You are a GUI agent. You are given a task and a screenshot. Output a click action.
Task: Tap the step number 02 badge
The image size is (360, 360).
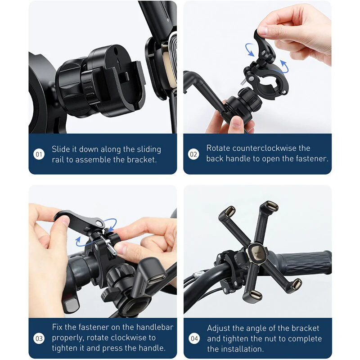(193, 154)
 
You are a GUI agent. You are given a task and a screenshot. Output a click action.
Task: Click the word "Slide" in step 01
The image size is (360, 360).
(61, 149)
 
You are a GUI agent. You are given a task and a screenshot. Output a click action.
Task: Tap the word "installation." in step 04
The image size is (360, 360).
(241, 349)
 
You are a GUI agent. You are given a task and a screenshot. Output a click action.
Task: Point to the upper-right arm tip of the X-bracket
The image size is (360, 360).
(271, 205)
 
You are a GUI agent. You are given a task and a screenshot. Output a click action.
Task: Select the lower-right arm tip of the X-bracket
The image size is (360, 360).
(297, 283)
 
